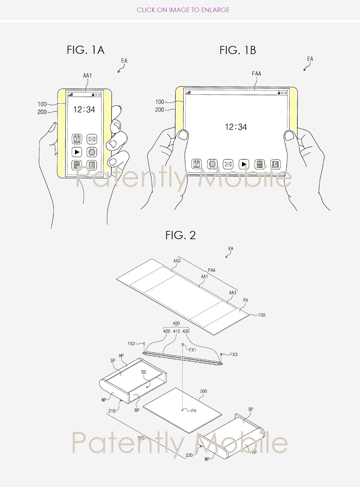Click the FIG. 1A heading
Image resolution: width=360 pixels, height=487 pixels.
[x=86, y=50]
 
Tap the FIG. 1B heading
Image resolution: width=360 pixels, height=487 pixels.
[x=238, y=50]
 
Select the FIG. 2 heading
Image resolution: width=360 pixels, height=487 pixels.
[x=181, y=235]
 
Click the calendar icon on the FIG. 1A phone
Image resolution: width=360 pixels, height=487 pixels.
[x=77, y=139]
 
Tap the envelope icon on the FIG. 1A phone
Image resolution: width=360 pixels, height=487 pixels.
[x=92, y=139]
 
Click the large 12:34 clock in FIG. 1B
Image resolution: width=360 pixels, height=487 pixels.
[x=236, y=127]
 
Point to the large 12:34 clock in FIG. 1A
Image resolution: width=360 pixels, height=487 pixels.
[x=84, y=109]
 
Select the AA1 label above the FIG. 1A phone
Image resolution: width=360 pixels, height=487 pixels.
[x=87, y=76]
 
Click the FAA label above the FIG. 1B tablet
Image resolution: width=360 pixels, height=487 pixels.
[x=256, y=73]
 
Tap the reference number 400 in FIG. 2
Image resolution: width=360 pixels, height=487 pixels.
[x=176, y=323]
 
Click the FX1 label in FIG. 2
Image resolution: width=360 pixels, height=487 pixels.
[x=192, y=350]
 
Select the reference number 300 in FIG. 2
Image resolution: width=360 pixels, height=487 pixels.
[x=203, y=391]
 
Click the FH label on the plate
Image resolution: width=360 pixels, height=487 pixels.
[x=194, y=411]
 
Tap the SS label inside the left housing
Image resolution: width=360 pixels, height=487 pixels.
[x=144, y=372]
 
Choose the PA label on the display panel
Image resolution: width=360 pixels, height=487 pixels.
[x=246, y=300]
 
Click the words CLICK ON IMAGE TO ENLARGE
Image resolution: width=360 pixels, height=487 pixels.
[x=183, y=10]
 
